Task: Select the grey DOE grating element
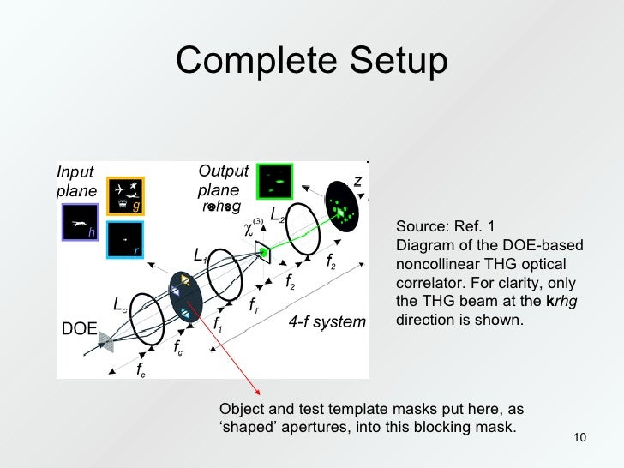point(105,342)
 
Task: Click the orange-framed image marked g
point(125,196)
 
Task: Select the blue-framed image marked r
point(124,240)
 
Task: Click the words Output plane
point(223,180)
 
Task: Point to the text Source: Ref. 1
point(445,226)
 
